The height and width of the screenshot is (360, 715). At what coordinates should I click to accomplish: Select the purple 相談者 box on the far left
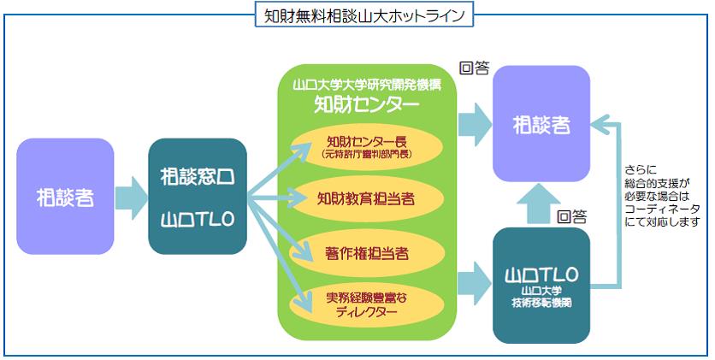[65, 197]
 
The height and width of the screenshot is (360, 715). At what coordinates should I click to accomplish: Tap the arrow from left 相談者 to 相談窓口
[131, 198]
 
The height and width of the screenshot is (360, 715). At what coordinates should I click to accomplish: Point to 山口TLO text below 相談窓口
[198, 220]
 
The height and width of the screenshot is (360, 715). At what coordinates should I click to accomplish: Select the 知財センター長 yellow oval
[365, 147]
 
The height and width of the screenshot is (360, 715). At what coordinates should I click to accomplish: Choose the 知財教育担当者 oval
[365, 198]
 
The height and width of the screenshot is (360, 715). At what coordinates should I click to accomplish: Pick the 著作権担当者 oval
[365, 252]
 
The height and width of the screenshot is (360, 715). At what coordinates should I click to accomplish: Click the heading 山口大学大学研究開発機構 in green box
[365, 86]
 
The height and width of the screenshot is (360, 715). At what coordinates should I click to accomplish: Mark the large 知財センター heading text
[365, 105]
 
